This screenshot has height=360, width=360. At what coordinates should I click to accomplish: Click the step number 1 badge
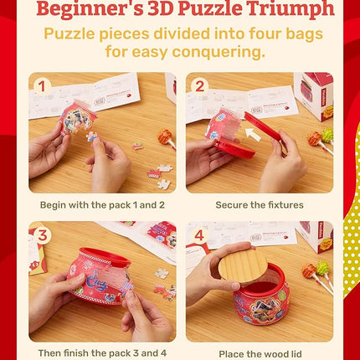pos(42,86)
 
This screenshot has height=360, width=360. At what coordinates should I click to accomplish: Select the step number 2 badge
pos(199,86)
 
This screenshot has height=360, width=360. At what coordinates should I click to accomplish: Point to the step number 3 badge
pos(42,235)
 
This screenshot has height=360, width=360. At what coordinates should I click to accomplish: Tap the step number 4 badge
pos(199,235)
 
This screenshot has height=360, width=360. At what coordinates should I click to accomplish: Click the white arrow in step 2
pos(253,134)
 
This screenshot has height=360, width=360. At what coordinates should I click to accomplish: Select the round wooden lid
pos(243,266)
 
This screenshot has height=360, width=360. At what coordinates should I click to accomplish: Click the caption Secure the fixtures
pos(260,205)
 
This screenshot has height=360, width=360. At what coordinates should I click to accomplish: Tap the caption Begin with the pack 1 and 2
pos(102,205)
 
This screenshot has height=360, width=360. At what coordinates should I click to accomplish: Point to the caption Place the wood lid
pos(260,354)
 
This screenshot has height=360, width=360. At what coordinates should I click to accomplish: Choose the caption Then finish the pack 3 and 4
pos(102,353)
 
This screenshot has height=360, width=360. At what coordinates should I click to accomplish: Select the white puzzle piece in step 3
pos(162,273)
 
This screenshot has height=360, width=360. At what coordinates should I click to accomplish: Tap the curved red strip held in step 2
pos(262,126)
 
